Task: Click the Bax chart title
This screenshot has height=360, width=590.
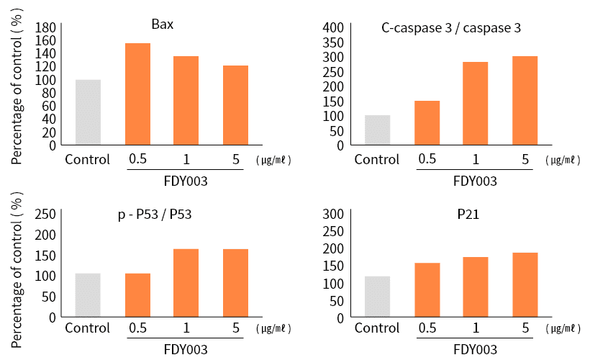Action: point(162,24)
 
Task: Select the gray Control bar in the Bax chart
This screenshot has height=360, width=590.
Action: point(88,112)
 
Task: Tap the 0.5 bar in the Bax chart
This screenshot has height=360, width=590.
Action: point(137,94)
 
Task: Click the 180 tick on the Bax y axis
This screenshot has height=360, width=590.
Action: point(45,27)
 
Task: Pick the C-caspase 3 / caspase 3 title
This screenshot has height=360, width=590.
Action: point(451,28)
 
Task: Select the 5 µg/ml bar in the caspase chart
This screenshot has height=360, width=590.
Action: point(525,100)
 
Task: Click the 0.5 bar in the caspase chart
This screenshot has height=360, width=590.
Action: point(427,122)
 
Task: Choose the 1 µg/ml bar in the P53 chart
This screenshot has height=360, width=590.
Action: point(186,282)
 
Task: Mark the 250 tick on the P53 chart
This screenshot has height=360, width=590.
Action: point(45,214)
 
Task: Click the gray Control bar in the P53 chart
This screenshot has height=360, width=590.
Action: point(88,294)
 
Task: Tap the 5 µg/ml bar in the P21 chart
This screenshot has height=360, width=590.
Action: point(525,284)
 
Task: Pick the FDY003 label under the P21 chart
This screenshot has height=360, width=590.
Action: point(475,349)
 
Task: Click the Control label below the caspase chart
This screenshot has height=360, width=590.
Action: point(377,159)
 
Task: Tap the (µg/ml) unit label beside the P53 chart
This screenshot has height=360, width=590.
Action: point(274,329)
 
